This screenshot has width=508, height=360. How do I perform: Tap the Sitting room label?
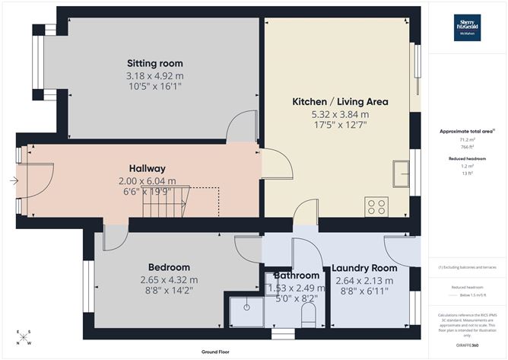[x=154, y=63]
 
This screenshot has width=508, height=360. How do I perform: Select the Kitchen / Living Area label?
[x=340, y=102]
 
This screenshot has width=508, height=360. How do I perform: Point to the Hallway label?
[x=146, y=168]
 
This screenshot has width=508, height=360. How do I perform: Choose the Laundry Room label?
[x=365, y=268]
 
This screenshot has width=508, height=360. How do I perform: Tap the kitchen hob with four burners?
[x=376, y=205]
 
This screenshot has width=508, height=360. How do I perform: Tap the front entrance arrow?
[x=14, y=180]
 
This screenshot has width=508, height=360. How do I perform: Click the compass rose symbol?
[x=25, y=338]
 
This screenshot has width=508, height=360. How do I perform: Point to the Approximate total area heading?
[x=467, y=131]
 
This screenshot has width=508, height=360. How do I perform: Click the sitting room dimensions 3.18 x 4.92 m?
[x=154, y=76]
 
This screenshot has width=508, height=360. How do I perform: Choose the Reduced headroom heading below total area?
[x=467, y=159]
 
